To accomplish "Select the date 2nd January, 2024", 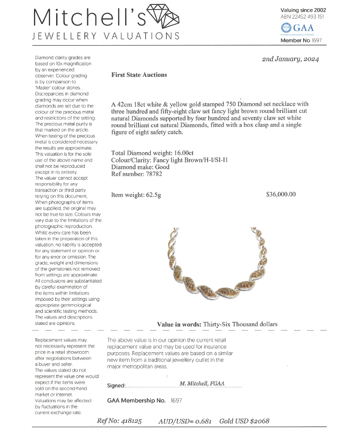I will (290, 59).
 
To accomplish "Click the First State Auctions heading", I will (139, 75).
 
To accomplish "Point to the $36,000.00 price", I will (281, 195).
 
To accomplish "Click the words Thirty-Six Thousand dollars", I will (240, 324).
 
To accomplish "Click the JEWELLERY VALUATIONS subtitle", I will (106, 36).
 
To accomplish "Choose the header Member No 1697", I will (301, 41).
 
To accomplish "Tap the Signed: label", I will (116, 385).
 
